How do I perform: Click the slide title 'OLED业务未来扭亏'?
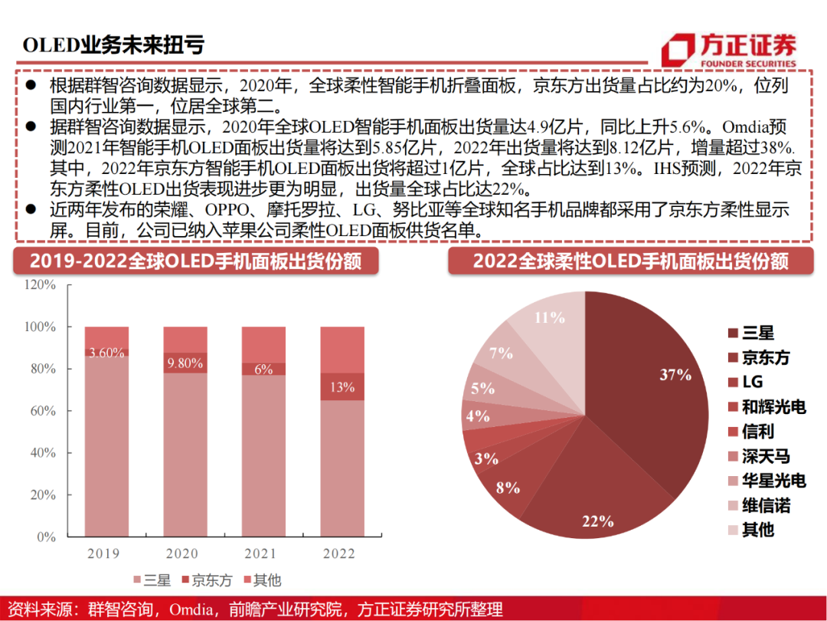pyautogui.click(x=113, y=44)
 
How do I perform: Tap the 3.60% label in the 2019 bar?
pyautogui.click(x=106, y=353)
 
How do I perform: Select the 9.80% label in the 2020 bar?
pyautogui.click(x=185, y=363)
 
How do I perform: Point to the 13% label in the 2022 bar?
pyautogui.click(x=342, y=387)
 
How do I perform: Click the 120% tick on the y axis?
pyautogui.click(x=40, y=284)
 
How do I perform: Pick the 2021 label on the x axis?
pyautogui.click(x=263, y=554)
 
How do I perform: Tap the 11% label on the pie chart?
pyautogui.click(x=549, y=317)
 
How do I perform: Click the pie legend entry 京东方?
pyautogui.click(x=766, y=357)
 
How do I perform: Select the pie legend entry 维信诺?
pyautogui.click(x=766, y=505)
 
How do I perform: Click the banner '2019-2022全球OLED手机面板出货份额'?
pyautogui.click(x=195, y=261)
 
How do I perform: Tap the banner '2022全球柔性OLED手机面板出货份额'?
pyautogui.click(x=630, y=261)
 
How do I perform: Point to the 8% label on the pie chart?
pyautogui.click(x=508, y=487)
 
